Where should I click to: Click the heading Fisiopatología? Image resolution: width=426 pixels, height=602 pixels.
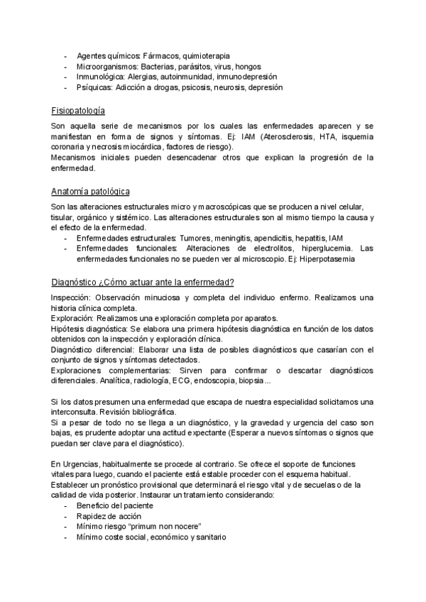point(78,111)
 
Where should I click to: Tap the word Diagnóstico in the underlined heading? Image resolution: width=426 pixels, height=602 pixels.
point(75,282)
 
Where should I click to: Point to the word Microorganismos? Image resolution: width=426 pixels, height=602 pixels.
point(105,66)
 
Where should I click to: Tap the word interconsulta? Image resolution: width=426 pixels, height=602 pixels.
point(77,413)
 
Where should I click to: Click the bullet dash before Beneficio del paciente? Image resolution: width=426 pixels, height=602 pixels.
point(66,505)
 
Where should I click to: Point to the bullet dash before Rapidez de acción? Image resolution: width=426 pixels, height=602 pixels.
point(66,516)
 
